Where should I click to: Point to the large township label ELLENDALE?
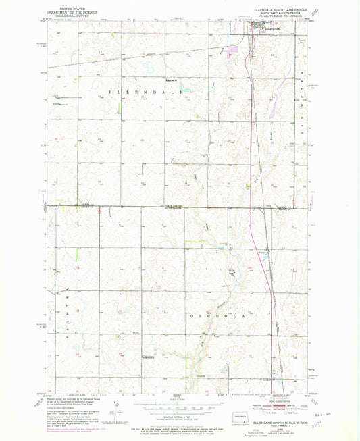(143, 90)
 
